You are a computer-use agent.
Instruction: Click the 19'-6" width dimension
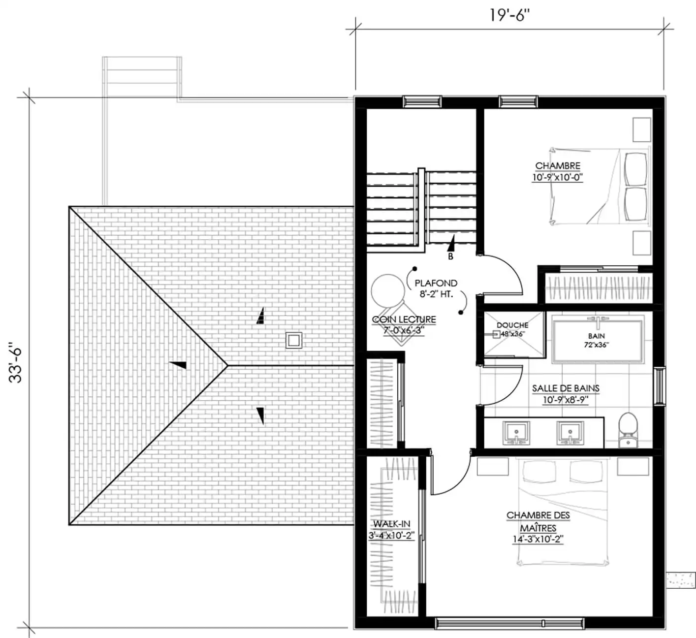click(x=509, y=15)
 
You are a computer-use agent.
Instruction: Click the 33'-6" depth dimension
click(x=16, y=363)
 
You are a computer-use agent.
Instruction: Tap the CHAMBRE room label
click(x=558, y=166)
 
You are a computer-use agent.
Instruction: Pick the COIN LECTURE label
click(x=404, y=319)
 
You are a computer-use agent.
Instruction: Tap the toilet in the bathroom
click(x=629, y=430)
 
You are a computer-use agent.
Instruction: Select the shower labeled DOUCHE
click(x=514, y=334)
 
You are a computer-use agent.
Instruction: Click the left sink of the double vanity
click(x=516, y=433)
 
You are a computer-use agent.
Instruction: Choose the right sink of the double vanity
click(x=570, y=433)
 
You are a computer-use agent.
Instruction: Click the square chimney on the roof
click(x=294, y=341)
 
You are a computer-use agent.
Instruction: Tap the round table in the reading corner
click(x=388, y=291)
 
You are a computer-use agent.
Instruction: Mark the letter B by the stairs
click(x=450, y=256)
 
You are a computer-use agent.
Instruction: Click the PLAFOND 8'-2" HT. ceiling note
click(x=436, y=288)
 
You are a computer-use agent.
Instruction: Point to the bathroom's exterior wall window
click(x=660, y=385)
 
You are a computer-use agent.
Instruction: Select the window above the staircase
click(x=422, y=101)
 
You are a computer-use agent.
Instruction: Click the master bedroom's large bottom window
click(x=509, y=623)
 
